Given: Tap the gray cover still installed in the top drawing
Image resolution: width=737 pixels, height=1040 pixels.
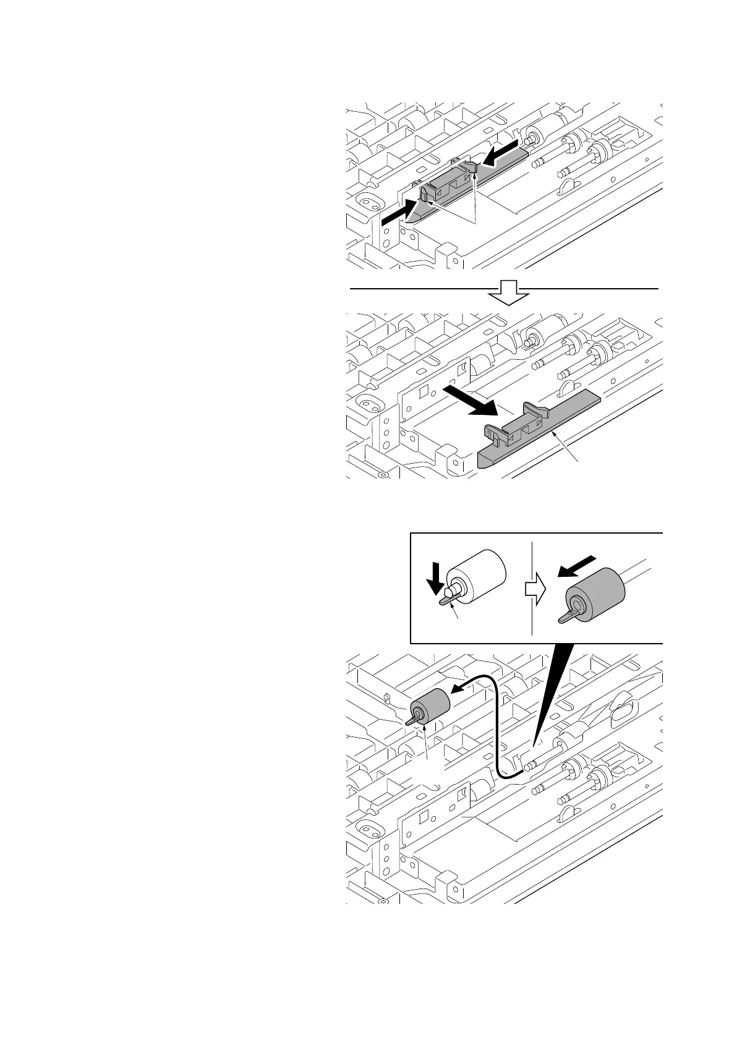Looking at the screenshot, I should [x=470, y=185].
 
